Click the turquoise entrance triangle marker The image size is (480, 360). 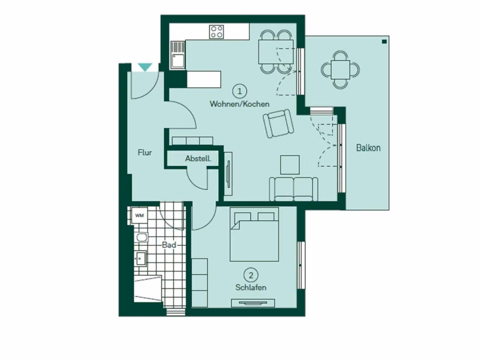pyautogui.click(x=145, y=67)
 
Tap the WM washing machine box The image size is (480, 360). pyautogui.click(x=139, y=215)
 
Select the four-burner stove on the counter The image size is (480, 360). pyautogui.click(x=216, y=32)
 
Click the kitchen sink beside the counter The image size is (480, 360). pyautogui.click(x=178, y=55)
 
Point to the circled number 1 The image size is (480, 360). pyautogui.click(x=240, y=91)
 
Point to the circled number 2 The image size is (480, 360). pyautogui.click(x=251, y=275)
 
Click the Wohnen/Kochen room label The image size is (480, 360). pyautogui.click(x=240, y=104)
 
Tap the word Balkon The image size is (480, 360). pyautogui.click(x=368, y=148)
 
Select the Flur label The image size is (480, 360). pyautogui.click(x=145, y=153)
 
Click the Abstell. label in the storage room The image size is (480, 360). pyautogui.click(x=198, y=159)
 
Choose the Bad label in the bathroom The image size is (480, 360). pyautogui.click(x=169, y=245)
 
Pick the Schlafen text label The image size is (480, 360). pyautogui.click(x=251, y=287)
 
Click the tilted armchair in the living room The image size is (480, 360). pyautogui.click(x=278, y=123)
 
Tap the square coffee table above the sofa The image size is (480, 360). pyautogui.click(x=290, y=165)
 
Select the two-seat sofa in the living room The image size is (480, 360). pyautogui.click(x=294, y=189)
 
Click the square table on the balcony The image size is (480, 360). pyautogui.click(x=340, y=70)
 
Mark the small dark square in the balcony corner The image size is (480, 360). pyautogui.click(x=384, y=42)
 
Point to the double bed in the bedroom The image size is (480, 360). pyautogui.click(x=254, y=234)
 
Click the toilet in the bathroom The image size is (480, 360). pyautogui.click(x=142, y=238)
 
